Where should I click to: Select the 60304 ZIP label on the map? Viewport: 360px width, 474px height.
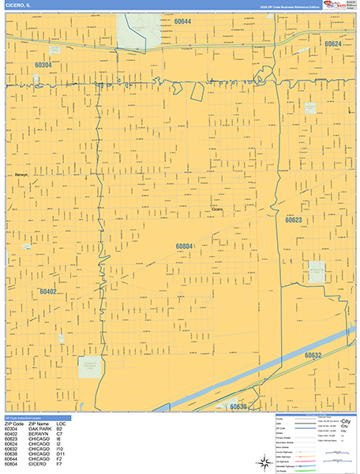[43, 65]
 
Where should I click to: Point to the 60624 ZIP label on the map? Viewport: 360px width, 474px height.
[334, 44]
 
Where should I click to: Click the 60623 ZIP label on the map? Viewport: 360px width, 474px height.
[294, 220]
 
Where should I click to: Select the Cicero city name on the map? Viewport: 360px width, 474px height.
[217, 209]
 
